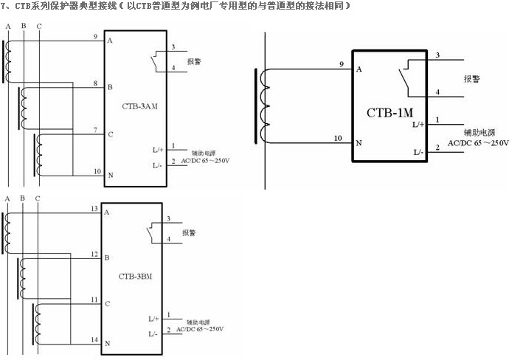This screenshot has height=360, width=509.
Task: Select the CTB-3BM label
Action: click(x=135, y=277)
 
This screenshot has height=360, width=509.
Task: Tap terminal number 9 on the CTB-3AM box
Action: click(x=96, y=36)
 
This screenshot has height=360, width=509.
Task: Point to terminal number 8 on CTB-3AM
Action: click(x=96, y=83)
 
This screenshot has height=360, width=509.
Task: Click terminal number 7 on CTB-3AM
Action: click(x=96, y=130)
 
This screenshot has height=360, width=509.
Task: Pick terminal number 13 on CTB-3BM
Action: click(x=94, y=209)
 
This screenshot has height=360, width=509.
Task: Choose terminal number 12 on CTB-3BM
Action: click(x=94, y=255)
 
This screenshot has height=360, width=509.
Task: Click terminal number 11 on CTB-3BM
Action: click(x=94, y=300)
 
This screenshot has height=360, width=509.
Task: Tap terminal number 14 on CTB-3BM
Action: click(x=94, y=339)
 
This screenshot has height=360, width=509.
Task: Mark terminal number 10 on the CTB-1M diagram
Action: click(x=339, y=138)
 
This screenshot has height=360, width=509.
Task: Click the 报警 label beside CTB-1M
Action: click(x=473, y=78)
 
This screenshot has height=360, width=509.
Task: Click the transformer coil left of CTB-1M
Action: click(x=262, y=104)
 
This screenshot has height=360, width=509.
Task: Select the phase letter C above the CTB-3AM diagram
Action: click(x=38, y=27)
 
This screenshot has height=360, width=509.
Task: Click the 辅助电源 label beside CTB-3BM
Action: click(x=197, y=322)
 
